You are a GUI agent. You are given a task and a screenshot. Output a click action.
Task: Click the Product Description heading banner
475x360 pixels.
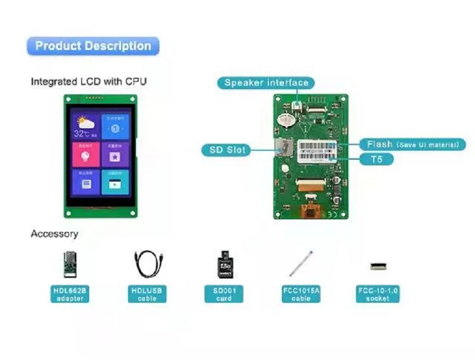tap(93, 46)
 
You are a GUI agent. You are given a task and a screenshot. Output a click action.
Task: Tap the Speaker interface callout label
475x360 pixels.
tap(266, 83)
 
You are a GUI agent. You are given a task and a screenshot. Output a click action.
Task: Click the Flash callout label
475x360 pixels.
tap(412, 144)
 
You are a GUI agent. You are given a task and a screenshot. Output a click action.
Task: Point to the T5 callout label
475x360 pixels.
tap(376, 159)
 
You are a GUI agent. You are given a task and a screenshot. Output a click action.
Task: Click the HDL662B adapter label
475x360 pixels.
tap(70, 294)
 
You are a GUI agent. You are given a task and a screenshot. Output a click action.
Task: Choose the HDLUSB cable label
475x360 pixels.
tap(147, 294)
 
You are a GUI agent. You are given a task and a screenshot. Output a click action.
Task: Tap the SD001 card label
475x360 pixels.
tap(224, 294)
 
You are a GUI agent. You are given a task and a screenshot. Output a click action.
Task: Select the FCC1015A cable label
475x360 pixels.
tap(301, 294)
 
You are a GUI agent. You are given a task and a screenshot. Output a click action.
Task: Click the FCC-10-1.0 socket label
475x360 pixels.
tap(378, 294)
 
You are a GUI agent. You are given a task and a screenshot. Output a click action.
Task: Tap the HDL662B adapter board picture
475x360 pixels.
tap(70, 265)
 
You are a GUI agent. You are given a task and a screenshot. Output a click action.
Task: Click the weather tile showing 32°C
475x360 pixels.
tap(85, 126)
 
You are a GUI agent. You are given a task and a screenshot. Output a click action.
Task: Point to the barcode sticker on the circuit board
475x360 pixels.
tap(317, 149)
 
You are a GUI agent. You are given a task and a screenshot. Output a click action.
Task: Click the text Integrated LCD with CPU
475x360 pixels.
tap(89, 81)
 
